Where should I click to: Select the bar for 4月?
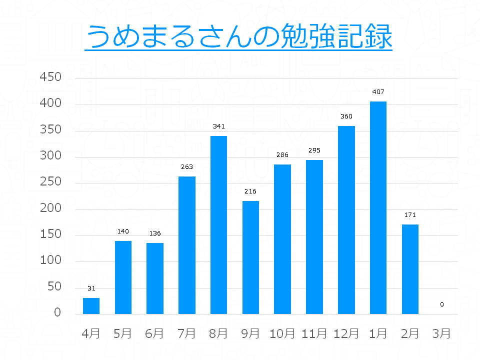(91, 305)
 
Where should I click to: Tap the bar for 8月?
(218, 224)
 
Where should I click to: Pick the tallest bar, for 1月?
(378, 207)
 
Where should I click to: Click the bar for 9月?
(250, 257)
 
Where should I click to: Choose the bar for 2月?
(410, 269)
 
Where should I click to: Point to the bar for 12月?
(346, 220)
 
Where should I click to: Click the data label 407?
(378, 92)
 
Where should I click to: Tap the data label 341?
(218, 126)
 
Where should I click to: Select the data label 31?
(91, 288)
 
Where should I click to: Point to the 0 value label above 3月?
(441, 304)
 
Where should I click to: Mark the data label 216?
(250, 191)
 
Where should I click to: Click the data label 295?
(314, 150)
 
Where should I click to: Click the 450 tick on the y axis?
(50, 77)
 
